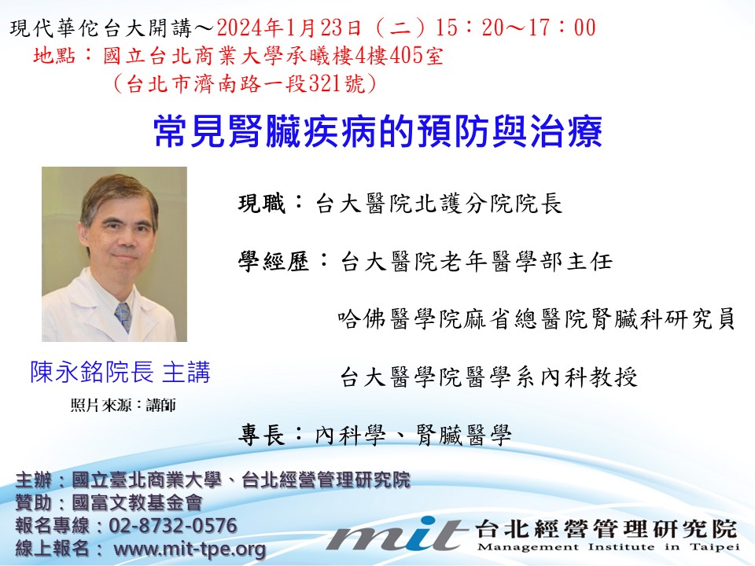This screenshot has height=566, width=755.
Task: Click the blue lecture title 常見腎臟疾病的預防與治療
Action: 378,131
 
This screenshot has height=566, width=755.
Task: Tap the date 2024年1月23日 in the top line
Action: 289,28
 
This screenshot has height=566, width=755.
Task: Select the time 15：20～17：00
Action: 516,28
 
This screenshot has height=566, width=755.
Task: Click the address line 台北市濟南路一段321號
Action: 245,84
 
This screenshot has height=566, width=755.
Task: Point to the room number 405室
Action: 416,56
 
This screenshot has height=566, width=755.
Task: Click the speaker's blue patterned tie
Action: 123,316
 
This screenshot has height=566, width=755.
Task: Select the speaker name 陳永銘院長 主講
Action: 120,372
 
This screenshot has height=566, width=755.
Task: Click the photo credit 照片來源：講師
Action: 123,406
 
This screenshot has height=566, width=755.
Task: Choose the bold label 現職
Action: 261,203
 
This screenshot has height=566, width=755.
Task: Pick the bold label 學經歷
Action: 273,261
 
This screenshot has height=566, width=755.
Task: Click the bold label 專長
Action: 261,435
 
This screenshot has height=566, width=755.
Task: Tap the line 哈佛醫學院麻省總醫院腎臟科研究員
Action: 536,318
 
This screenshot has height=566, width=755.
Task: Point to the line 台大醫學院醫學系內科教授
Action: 488,377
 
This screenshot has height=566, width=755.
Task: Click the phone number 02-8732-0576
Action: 173,525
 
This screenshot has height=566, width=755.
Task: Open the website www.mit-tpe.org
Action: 190,549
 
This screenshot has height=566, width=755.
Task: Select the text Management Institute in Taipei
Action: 609,547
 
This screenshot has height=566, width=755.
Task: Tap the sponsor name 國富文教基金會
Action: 137,502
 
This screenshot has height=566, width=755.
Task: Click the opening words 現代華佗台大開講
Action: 101,28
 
